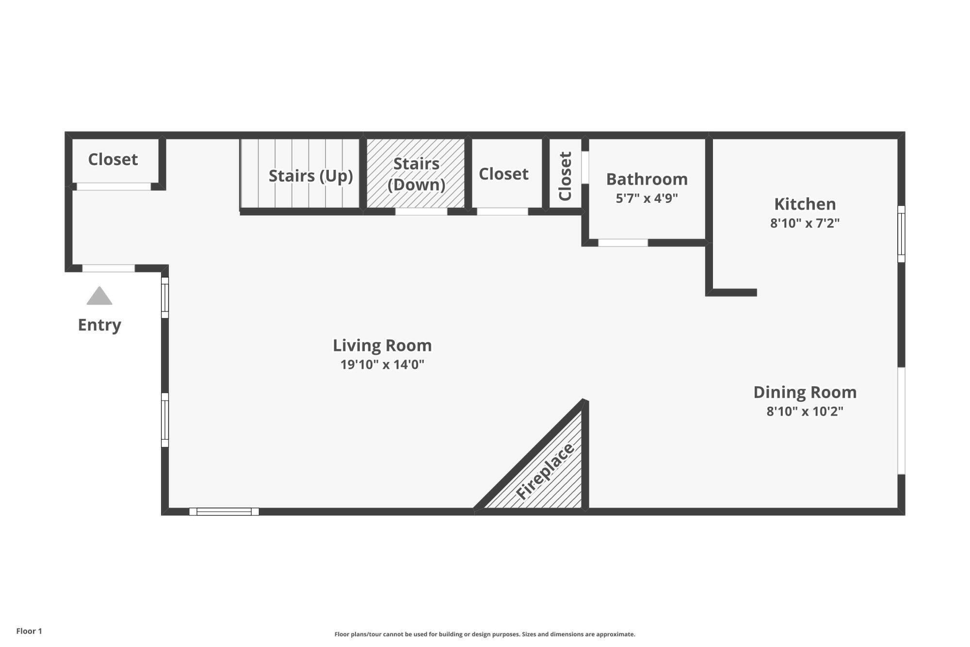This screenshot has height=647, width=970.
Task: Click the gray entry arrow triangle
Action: coord(99,297)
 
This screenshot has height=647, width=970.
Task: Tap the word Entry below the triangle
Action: coord(99,325)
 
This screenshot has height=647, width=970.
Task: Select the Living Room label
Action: coord(382,345)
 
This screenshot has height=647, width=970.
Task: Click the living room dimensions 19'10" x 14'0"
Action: coord(382,365)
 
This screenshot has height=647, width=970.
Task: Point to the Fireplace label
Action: coord(545,471)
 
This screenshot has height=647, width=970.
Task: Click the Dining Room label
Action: coord(805,392)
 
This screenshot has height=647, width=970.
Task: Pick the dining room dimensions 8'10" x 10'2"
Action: coord(805,412)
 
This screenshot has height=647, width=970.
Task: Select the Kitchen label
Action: coord(805,204)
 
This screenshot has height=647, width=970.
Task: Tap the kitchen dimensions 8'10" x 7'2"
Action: coord(805,223)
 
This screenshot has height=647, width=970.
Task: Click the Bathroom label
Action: coord(647,179)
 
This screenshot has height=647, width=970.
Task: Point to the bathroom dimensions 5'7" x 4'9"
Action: coord(647,198)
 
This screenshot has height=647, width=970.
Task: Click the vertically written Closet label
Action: coord(566,176)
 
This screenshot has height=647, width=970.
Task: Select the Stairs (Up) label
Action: coord(310,176)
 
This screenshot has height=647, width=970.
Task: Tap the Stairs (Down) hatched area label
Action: coord(416,174)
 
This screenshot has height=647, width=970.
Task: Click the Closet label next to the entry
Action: coord(113,159)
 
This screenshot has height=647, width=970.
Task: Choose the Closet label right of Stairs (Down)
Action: coord(503,174)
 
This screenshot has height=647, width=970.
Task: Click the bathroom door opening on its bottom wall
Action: coord(623,243)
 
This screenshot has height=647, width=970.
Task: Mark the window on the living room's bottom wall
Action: coord(224,511)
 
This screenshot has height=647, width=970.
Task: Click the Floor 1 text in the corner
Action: coord(29,631)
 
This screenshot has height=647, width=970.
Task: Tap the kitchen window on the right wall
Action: coord(901,234)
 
